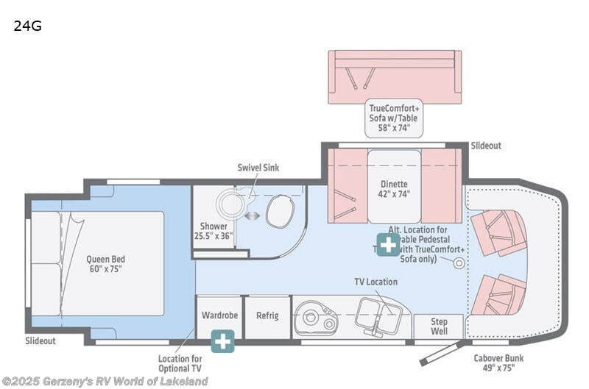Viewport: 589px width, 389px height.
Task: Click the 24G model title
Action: pyautogui.click(x=27, y=26)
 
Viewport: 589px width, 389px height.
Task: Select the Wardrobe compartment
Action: pyautogui.click(x=219, y=315)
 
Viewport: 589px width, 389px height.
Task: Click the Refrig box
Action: pyautogui.click(x=267, y=315)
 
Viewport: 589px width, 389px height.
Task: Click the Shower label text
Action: pyautogui.click(x=214, y=231)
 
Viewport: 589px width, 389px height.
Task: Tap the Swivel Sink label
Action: pyautogui.click(x=257, y=168)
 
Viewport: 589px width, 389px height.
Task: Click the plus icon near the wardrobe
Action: pyautogui.click(x=222, y=340)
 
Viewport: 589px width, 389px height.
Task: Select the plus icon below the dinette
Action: pyautogui.click(x=388, y=243)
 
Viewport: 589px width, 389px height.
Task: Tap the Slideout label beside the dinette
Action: pyautogui.click(x=486, y=146)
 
